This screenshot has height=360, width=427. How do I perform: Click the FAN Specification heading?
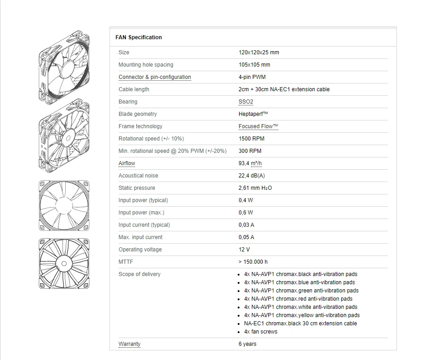pos(139,37)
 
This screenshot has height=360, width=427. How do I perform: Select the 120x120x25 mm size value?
pos(259,52)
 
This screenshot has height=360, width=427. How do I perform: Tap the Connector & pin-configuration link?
pos(155,77)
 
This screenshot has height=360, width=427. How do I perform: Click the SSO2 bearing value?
pos(245,102)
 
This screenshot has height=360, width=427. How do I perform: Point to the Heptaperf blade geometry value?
pos(253,114)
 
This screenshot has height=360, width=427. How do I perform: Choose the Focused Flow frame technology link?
pos(258,126)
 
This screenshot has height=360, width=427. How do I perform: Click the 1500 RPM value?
pos(251,139)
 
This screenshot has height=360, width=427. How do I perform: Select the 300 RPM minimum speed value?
pos(250,151)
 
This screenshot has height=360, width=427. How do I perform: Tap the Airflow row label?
pos(127,163)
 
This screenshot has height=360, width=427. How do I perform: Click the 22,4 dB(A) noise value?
pos(251,176)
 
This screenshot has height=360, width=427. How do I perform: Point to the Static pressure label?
pos(137,188)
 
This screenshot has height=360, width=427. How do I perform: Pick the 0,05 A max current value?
pos(246,237)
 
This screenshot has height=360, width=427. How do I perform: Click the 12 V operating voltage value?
pos(244,250)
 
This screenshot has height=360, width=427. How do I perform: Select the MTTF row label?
pos(126,262)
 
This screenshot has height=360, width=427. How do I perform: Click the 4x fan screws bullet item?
pos(260,332)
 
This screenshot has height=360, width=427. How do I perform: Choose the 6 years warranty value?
pos(247,344)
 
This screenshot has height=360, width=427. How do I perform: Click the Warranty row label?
pos(130,344)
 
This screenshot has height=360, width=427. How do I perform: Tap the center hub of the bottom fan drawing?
pos(64,263)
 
